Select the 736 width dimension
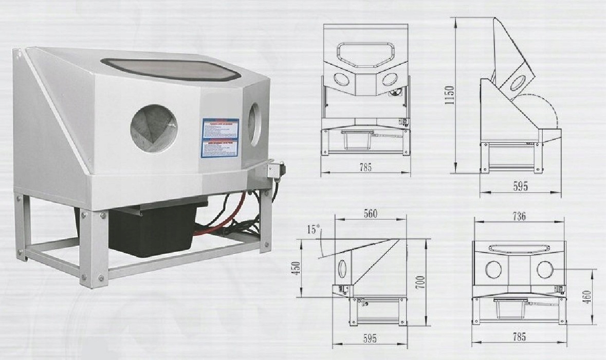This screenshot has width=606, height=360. tap(519, 217)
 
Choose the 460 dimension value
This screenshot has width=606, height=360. tap(587, 296)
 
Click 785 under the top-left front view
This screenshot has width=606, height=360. tap(365, 167)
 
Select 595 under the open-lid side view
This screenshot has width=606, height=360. tap(520, 187)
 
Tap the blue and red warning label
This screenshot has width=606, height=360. tap(220, 138)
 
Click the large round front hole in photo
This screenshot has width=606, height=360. tap(153, 128)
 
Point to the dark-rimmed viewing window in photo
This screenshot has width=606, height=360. tap(171, 68)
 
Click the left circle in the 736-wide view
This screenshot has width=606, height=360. tap(493, 269)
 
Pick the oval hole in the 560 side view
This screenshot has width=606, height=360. tap(342, 268)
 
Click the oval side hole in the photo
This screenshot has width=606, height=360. tap(254, 123)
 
